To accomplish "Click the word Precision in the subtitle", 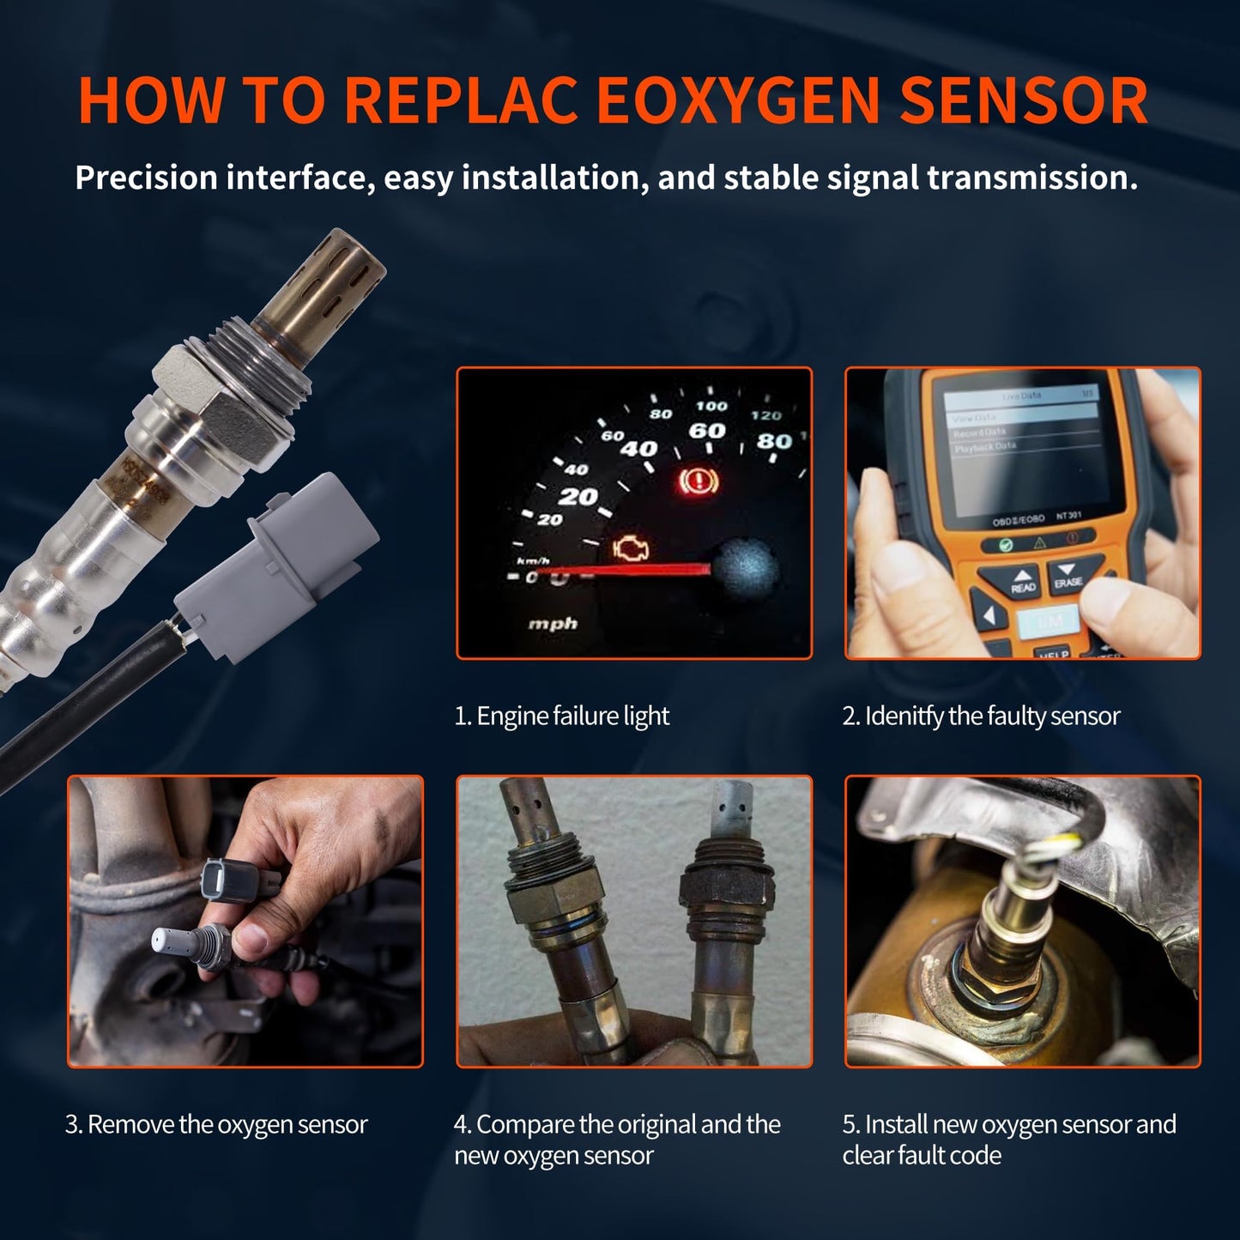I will click(x=146, y=178).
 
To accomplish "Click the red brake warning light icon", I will click(x=696, y=483).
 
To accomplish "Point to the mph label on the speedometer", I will click(x=553, y=624).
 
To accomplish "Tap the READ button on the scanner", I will click(x=1023, y=583).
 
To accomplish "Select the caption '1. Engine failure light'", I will click(x=562, y=716).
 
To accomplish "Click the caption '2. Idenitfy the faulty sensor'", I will click(x=981, y=716).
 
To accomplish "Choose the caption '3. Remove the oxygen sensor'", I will click(x=216, y=1124).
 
